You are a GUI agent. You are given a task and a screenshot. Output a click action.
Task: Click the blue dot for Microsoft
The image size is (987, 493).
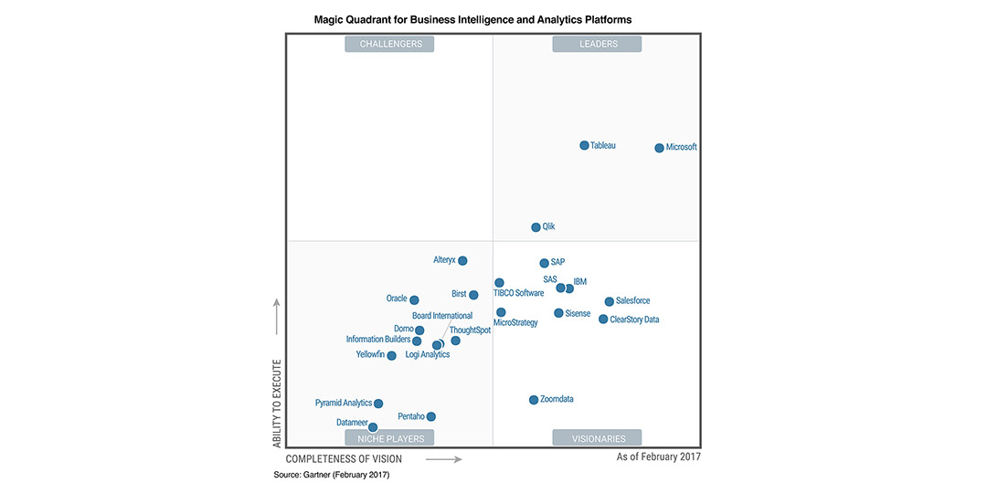659,148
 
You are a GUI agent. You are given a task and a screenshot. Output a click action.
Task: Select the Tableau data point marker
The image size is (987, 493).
584,145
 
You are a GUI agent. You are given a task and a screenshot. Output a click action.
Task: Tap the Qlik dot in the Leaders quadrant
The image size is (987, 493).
536,227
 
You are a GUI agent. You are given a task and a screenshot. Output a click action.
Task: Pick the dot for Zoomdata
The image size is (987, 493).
534,400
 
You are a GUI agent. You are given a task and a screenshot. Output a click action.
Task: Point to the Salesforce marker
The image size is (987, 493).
609,301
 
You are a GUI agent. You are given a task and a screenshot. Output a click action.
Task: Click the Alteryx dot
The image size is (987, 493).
462,260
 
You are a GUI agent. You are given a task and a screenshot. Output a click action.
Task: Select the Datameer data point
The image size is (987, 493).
373,427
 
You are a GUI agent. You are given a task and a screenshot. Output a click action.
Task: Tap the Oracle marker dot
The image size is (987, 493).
414,299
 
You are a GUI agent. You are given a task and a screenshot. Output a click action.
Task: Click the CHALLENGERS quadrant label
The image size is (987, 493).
390,44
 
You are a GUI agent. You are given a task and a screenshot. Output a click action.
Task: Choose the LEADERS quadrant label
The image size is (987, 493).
598,44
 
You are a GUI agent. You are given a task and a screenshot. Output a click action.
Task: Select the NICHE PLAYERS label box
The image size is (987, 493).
390,438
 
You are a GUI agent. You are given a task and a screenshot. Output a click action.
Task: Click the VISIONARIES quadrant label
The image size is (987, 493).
597,438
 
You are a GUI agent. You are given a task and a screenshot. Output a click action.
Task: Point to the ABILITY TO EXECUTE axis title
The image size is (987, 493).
277,403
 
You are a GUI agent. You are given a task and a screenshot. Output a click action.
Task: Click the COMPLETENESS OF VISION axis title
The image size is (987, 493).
344,459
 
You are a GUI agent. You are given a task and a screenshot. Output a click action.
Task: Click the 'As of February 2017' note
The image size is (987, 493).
658,456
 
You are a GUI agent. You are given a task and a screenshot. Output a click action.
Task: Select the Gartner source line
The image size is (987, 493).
331,475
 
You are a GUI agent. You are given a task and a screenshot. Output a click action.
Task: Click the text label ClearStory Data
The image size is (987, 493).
634,320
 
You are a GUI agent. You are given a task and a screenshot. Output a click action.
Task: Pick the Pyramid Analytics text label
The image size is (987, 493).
344,403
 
